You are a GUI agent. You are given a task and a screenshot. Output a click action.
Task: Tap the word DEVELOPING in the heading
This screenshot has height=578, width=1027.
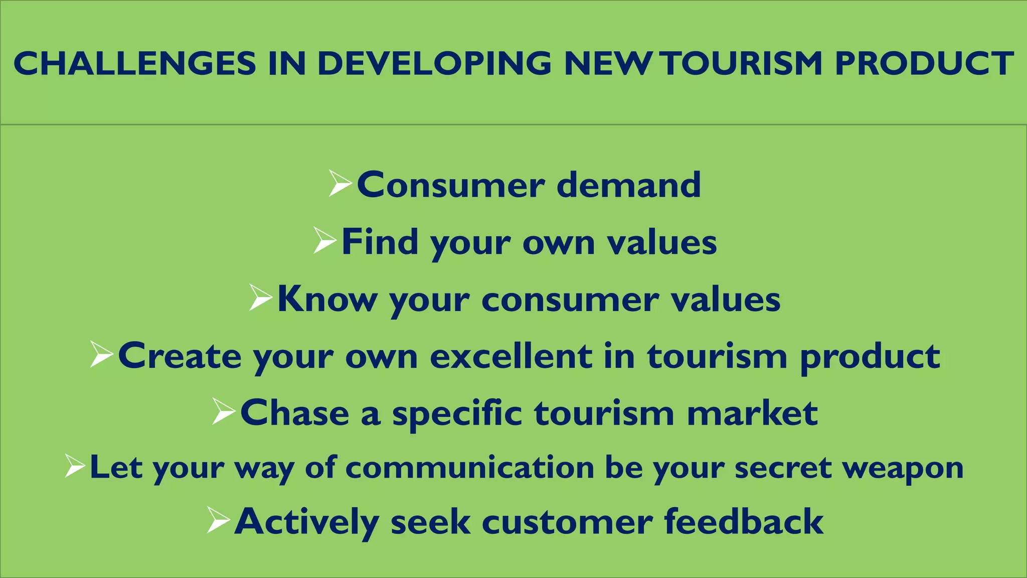point(434,64)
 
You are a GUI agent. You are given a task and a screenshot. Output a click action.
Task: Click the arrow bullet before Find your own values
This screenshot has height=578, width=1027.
point(325,240)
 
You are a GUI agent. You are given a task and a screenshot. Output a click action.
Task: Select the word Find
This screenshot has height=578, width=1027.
point(380,242)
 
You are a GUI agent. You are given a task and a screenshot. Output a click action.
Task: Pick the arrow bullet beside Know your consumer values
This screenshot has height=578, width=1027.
point(261,298)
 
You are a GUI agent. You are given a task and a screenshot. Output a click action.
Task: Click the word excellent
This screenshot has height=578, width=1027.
point(511,356)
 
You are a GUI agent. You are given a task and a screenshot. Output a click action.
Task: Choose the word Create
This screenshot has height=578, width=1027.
point(179,356)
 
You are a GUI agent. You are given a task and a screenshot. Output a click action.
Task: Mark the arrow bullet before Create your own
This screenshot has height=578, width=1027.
point(101,355)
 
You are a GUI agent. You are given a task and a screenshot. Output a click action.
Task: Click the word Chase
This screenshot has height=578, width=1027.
point(294,413)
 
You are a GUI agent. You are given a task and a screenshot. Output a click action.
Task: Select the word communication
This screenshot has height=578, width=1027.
point(470,468)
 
